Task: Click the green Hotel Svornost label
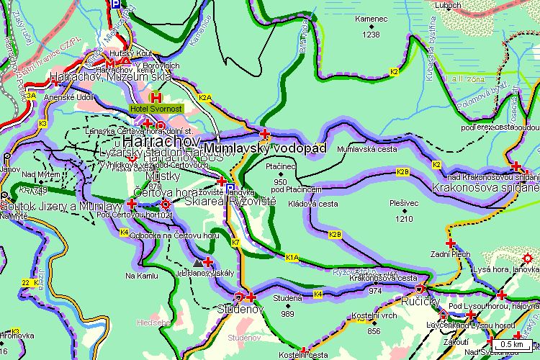point(156,108)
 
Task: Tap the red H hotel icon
point(156,96)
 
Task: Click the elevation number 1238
point(372,34)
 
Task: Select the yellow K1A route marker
point(292,257)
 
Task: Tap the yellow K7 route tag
point(236,243)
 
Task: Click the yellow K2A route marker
point(206,97)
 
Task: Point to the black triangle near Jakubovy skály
point(197,262)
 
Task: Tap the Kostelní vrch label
point(374,316)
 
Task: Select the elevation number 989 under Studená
point(288,314)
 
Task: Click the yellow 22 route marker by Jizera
point(26,282)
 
